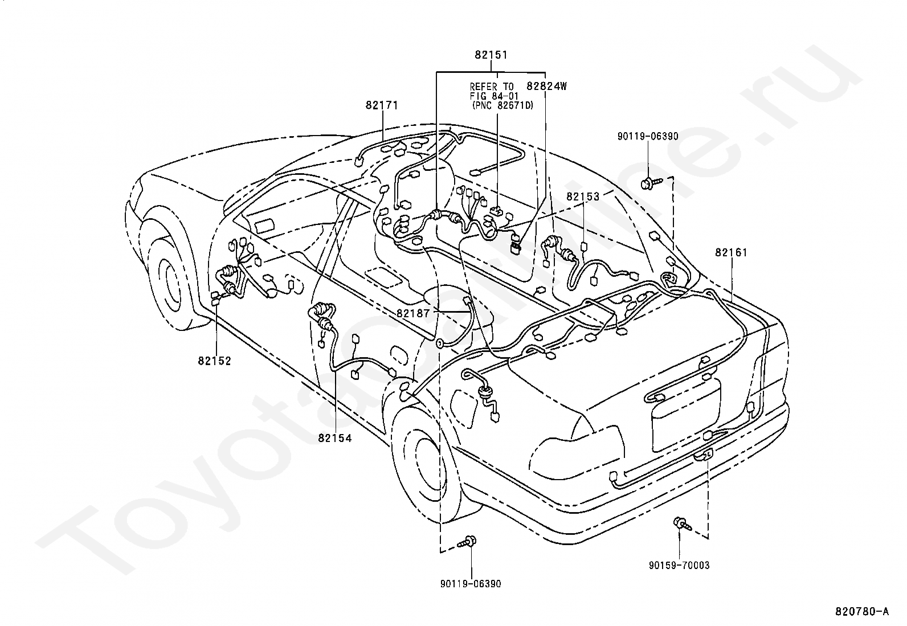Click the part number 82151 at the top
coord(491,55)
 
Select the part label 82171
coord(382,105)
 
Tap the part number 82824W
coord(547,87)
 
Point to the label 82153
coord(583,197)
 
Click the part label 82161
coord(732,252)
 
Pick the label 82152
coord(215,361)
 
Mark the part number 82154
coord(335,438)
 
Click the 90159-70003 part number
coord(679,565)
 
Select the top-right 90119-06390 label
coord(648,136)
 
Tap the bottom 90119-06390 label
coord(471,584)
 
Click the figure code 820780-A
coord(861,612)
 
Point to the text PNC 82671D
coord(503,105)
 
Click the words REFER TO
coord(491,87)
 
